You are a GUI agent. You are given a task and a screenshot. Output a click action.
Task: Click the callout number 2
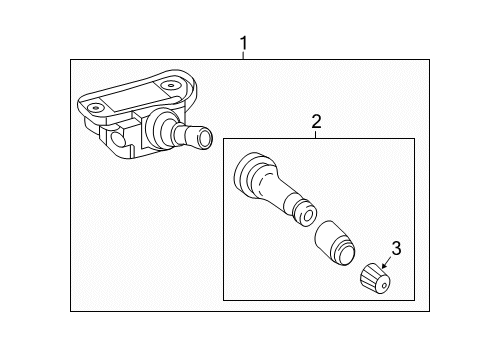coord(316,122)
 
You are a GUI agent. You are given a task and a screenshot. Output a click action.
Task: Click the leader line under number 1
coord(243,57)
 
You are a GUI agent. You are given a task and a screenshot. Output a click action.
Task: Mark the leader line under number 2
coord(316,134)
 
